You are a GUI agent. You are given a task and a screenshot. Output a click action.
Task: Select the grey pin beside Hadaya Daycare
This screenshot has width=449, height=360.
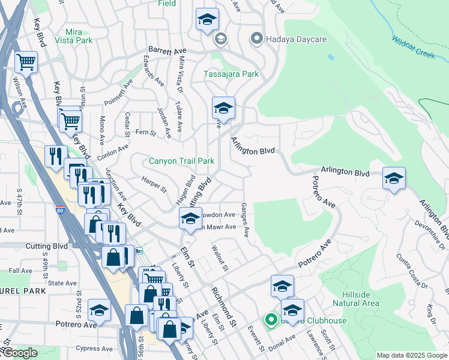(x=258, y=39)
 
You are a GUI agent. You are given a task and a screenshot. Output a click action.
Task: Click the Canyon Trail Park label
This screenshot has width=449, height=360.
(x=181, y=161)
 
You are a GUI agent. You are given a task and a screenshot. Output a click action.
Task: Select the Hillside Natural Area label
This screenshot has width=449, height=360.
(x=360, y=299)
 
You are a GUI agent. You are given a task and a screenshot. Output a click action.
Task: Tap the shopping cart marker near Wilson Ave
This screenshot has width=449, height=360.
(x=26, y=62)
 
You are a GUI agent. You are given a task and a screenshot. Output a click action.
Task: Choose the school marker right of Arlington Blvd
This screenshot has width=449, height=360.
(x=394, y=179)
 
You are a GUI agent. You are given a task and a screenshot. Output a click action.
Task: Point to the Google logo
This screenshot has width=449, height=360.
(x=20, y=353)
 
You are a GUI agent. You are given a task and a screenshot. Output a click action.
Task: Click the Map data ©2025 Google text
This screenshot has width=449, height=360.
(x=412, y=355)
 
